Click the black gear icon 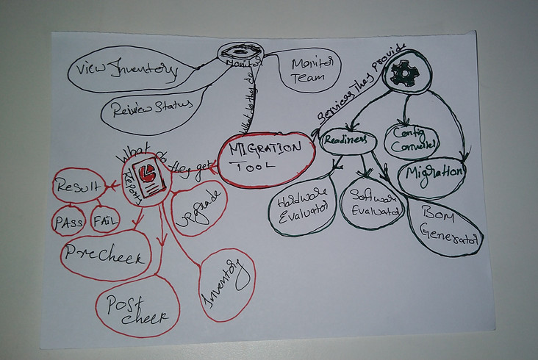click(x=403, y=71)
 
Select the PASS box click(x=68, y=221)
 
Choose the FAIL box click(x=106, y=220)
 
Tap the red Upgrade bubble click(x=198, y=206)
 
